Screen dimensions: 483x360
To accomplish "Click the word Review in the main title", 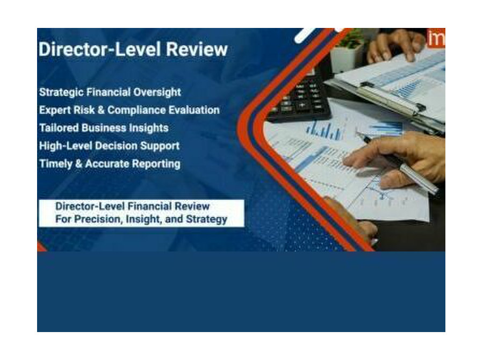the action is click(197, 49).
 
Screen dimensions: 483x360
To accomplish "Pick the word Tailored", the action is click(59, 128).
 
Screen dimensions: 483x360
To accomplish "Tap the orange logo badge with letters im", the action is click(436, 38).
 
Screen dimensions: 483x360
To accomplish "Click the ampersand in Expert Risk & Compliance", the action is click(100, 110).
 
